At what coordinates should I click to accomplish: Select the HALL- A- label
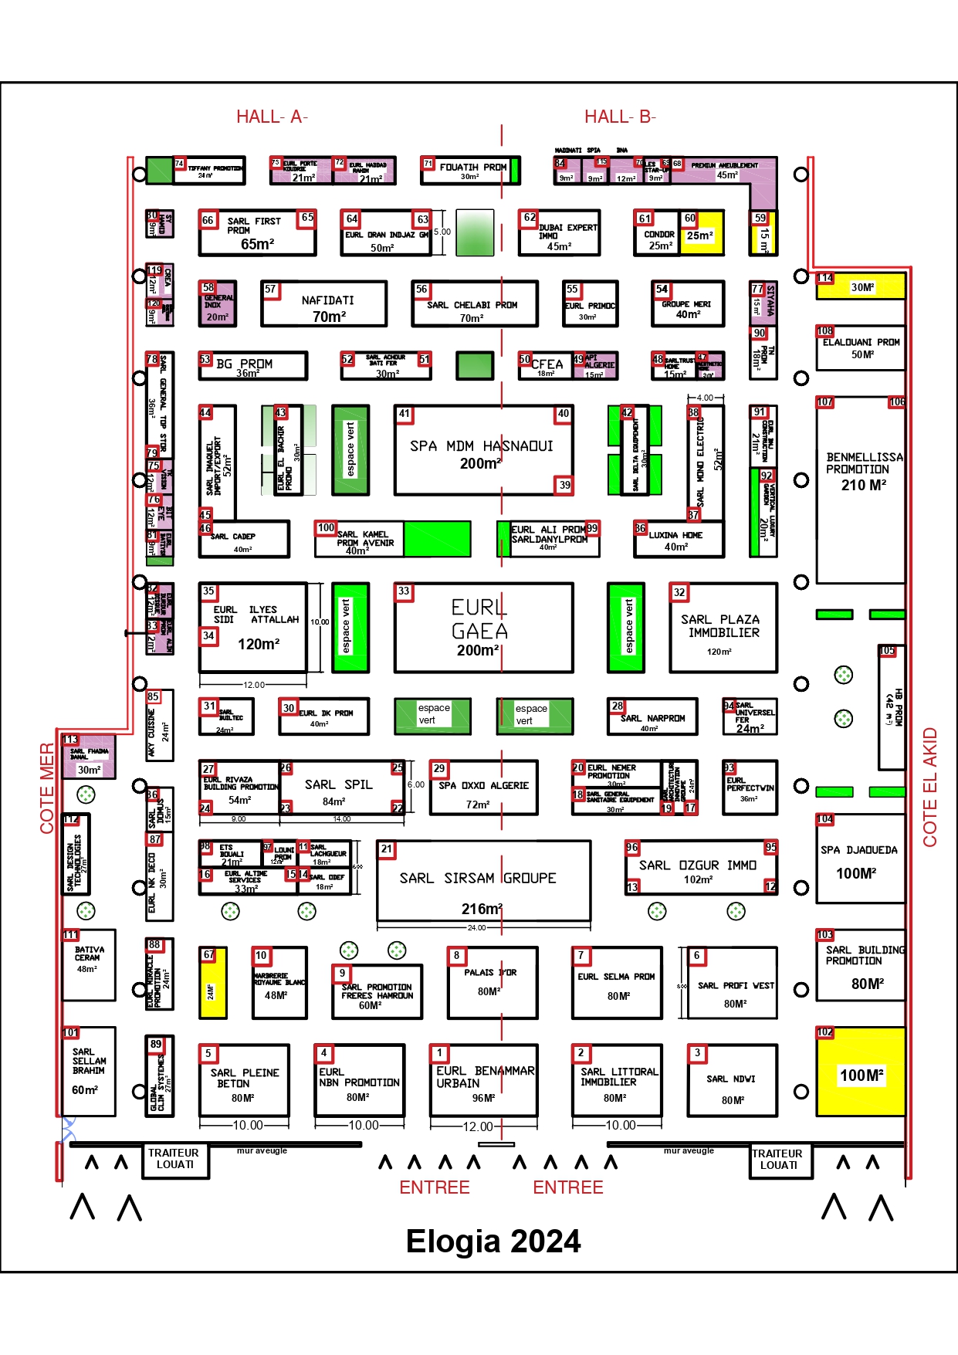click(x=272, y=117)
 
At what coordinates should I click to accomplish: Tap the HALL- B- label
click(x=619, y=117)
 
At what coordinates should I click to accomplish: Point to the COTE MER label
click(x=47, y=788)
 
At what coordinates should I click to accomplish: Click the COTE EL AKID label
click(x=930, y=787)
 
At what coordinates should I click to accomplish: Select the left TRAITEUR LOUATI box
click(x=175, y=1160)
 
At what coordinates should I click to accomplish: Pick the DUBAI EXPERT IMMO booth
click(x=560, y=234)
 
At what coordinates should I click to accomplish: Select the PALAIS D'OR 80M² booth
click(x=492, y=982)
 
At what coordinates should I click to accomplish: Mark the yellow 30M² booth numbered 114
click(x=860, y=287)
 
